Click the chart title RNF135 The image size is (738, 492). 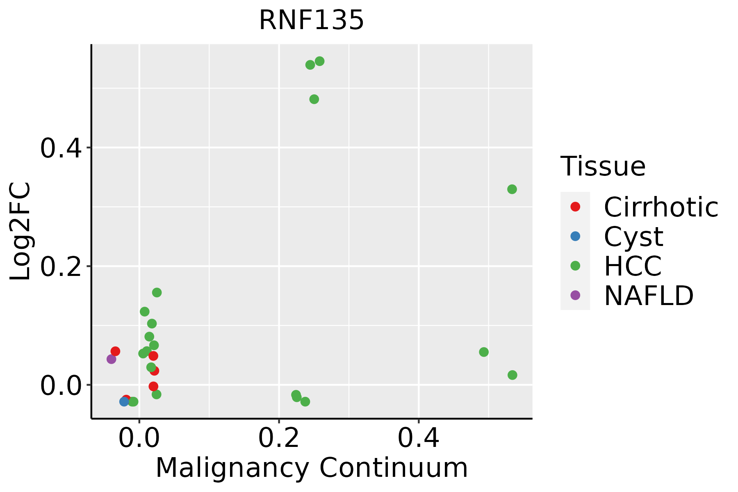[x=312, y=20]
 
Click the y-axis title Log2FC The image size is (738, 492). [x=20, y=232]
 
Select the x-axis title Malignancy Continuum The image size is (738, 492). [x=312, y=468]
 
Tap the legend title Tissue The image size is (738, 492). [x=603, y=166]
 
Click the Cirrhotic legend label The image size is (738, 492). [x=661, y=207]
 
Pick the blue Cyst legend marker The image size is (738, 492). [x=575, y=236]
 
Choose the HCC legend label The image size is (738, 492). [x=633, y=266]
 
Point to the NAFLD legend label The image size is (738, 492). [x=649, y=295]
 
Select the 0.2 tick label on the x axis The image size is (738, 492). [x=279, y=438]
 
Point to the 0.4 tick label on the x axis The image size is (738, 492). [x=419, y=438]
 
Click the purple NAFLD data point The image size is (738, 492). [x=111, y=359]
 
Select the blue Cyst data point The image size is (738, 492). [x=124, y=401]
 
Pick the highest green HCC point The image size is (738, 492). [x=320, y=61]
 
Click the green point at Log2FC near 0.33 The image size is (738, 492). [x=512, y=189]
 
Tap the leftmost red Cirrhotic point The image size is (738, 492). [x=115, y=351]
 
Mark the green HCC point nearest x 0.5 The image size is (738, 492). [x=484, y=352]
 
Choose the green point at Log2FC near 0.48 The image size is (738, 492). [x=314, y=99]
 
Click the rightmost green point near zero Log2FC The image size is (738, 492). [x=512, y=375]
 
